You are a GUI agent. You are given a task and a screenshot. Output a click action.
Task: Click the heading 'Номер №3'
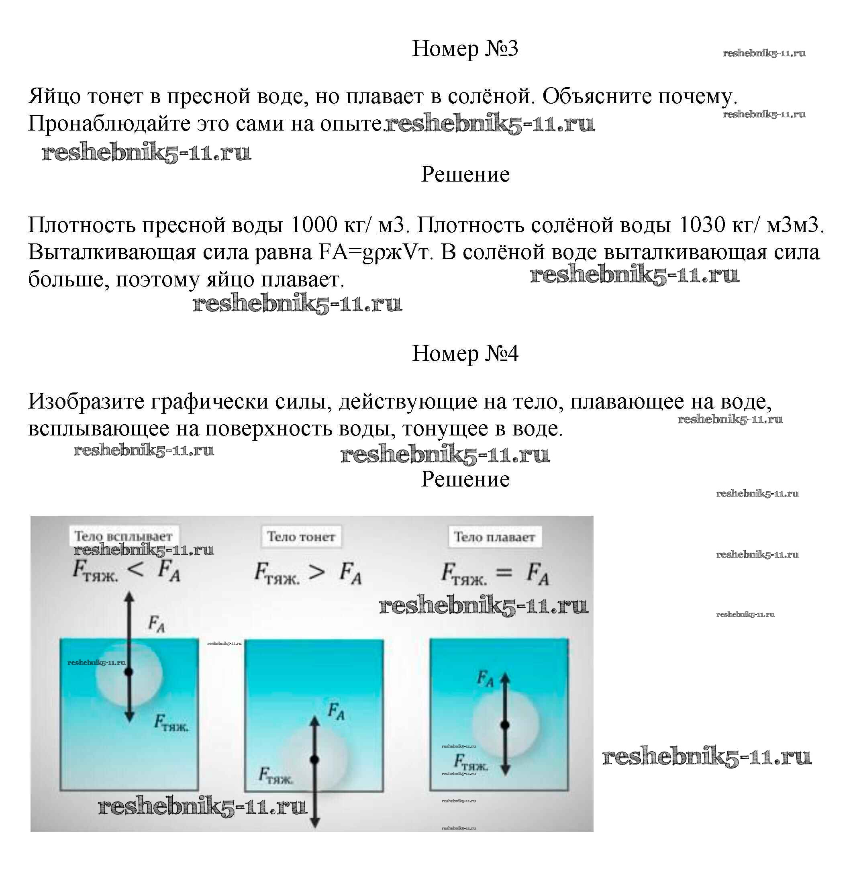[464, 49]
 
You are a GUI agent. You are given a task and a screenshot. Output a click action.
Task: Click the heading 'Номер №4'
[464, 354]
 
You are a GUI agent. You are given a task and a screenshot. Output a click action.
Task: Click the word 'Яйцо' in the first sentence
[54, 96]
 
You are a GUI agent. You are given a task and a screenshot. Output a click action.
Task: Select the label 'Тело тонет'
[301, 537]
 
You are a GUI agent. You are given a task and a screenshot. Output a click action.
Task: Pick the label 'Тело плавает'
[494, 537]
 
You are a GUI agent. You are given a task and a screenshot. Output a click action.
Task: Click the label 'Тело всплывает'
[123, 536]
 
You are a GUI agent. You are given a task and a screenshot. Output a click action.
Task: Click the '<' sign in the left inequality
[136, 570]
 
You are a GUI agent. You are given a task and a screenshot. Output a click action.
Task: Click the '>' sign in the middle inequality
[316, 572]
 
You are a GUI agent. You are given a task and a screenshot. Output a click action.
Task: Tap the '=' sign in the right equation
[504, 572]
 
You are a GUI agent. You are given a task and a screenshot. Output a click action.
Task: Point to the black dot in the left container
[129, 672]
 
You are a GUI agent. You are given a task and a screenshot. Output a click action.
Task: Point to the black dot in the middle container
[314, 759]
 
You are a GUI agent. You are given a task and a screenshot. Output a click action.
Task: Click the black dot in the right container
[505, 725]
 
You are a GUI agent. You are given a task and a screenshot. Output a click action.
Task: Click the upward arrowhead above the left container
[130, 597]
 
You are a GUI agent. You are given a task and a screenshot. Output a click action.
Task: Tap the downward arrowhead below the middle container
[315, 822]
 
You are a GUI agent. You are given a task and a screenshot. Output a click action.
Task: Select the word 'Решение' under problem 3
[465, 175]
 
